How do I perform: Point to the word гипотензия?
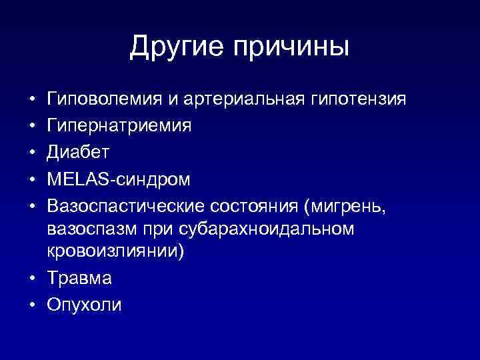(x=358, y=100)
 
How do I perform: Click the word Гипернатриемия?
(x=119, y=126)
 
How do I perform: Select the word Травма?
(x=80, y=279)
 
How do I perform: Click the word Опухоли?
(x=85, y=305)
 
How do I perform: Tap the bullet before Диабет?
(x=33, y=152)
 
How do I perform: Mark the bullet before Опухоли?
(x=33, y=305)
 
